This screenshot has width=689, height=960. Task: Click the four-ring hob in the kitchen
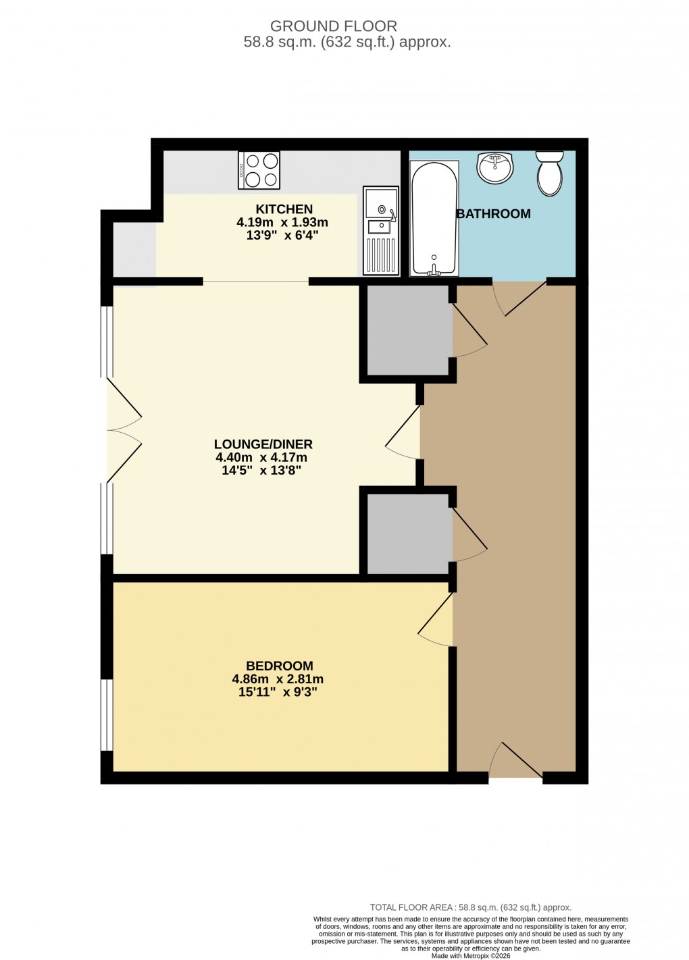click(259, 170)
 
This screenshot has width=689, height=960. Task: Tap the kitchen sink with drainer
click(381, 230)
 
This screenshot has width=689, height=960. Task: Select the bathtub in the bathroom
click(434, 219)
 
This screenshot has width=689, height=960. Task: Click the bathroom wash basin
click(494, 167)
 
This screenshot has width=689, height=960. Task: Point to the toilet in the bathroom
click(550, 172)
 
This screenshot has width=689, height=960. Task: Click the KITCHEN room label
click(284, 209)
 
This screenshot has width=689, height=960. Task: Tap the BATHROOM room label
click(494, 214)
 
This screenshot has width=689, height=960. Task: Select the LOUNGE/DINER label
click(263, 444)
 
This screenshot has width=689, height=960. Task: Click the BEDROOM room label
click(279, 666)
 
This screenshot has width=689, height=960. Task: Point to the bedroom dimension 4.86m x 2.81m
click(278, 679)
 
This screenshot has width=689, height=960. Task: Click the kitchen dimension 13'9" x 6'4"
click(282, 236)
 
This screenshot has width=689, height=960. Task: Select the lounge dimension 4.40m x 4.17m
click(261, 458)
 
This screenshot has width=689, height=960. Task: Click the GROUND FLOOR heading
click(333, 26)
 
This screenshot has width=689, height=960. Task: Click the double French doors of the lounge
click(124, 430)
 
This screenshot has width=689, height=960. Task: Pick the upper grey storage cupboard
click(408, 330)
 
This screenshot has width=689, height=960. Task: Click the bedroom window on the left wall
click(106, 714)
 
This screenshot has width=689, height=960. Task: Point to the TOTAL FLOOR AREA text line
click(470, 907)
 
